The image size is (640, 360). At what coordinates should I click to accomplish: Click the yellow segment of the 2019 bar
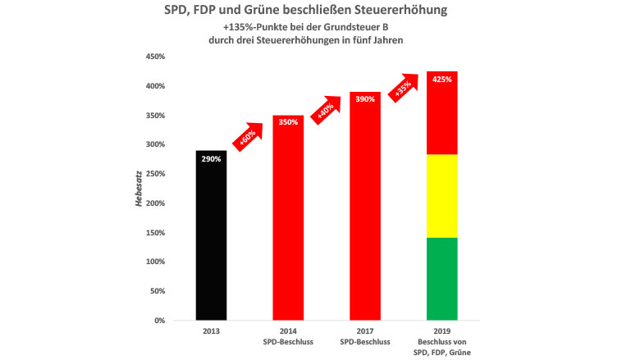442,196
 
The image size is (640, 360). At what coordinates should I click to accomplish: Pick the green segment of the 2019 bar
442,279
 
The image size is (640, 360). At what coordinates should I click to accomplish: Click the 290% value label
211,159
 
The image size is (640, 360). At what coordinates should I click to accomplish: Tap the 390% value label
365,99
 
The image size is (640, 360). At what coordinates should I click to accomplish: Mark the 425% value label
442,80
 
